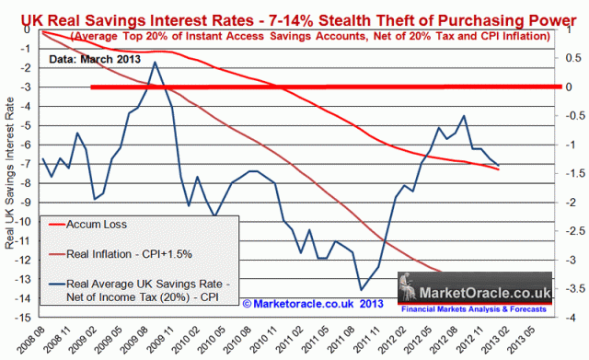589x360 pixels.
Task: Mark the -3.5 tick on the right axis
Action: pyautogui.click(x=568, y=289)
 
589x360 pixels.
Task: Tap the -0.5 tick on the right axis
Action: pyautogui.click(x=568, y=116)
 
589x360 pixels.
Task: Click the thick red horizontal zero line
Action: pyautogui.click(x=322, y=87)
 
